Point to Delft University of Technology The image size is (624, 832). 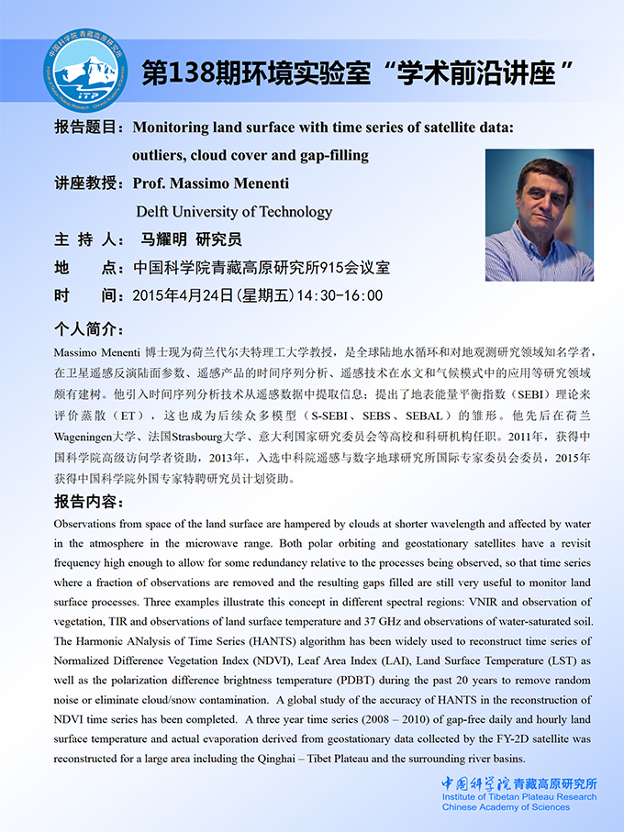tap(234, 211)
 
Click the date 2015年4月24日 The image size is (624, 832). tap(184, 295)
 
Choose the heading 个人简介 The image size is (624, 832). tap(88, 328)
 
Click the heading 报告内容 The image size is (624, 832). tap(88, 502)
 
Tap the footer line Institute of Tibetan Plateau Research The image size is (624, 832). tap(518, 797)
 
